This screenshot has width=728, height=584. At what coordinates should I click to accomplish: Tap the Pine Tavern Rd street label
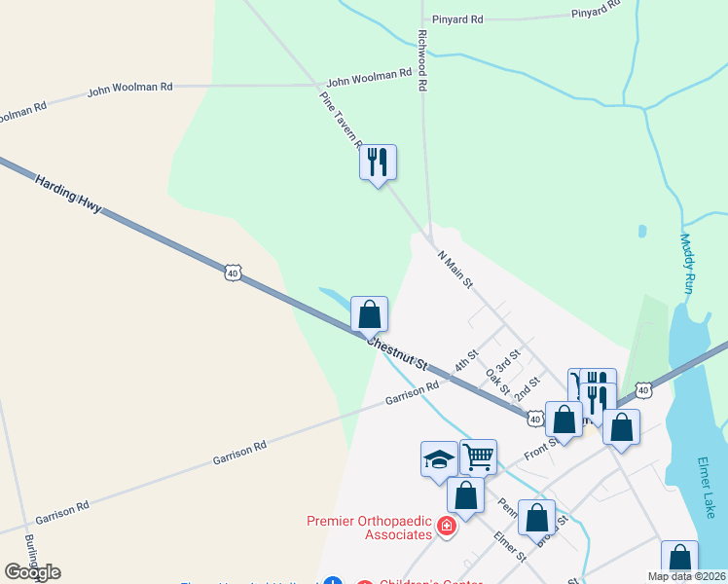[341, 119]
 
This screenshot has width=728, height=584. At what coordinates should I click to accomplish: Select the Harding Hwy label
[68, 196]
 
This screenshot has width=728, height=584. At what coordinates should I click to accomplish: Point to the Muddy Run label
[687, 263]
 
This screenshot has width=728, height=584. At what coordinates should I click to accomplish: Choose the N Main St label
[455, 270]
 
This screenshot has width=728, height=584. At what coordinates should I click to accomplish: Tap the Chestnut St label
[396, 352]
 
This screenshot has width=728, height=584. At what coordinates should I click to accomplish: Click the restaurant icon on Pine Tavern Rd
[378, 162]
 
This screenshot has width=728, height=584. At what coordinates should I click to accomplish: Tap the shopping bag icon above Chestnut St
[369, 314]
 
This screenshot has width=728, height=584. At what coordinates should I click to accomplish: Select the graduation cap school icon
[439, 458]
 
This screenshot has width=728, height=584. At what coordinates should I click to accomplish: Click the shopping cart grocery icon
[478, 456]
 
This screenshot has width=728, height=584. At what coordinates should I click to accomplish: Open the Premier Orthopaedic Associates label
[369, 527]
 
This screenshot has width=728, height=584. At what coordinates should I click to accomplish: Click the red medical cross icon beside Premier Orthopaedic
[447, 528]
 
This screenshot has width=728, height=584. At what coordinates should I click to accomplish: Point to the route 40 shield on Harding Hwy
[232, 274]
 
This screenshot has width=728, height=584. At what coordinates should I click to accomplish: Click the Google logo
[32, 571]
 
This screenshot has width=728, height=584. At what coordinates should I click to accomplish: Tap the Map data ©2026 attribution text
[686, 576]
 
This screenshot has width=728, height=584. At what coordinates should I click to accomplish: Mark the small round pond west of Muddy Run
[641, 232]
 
